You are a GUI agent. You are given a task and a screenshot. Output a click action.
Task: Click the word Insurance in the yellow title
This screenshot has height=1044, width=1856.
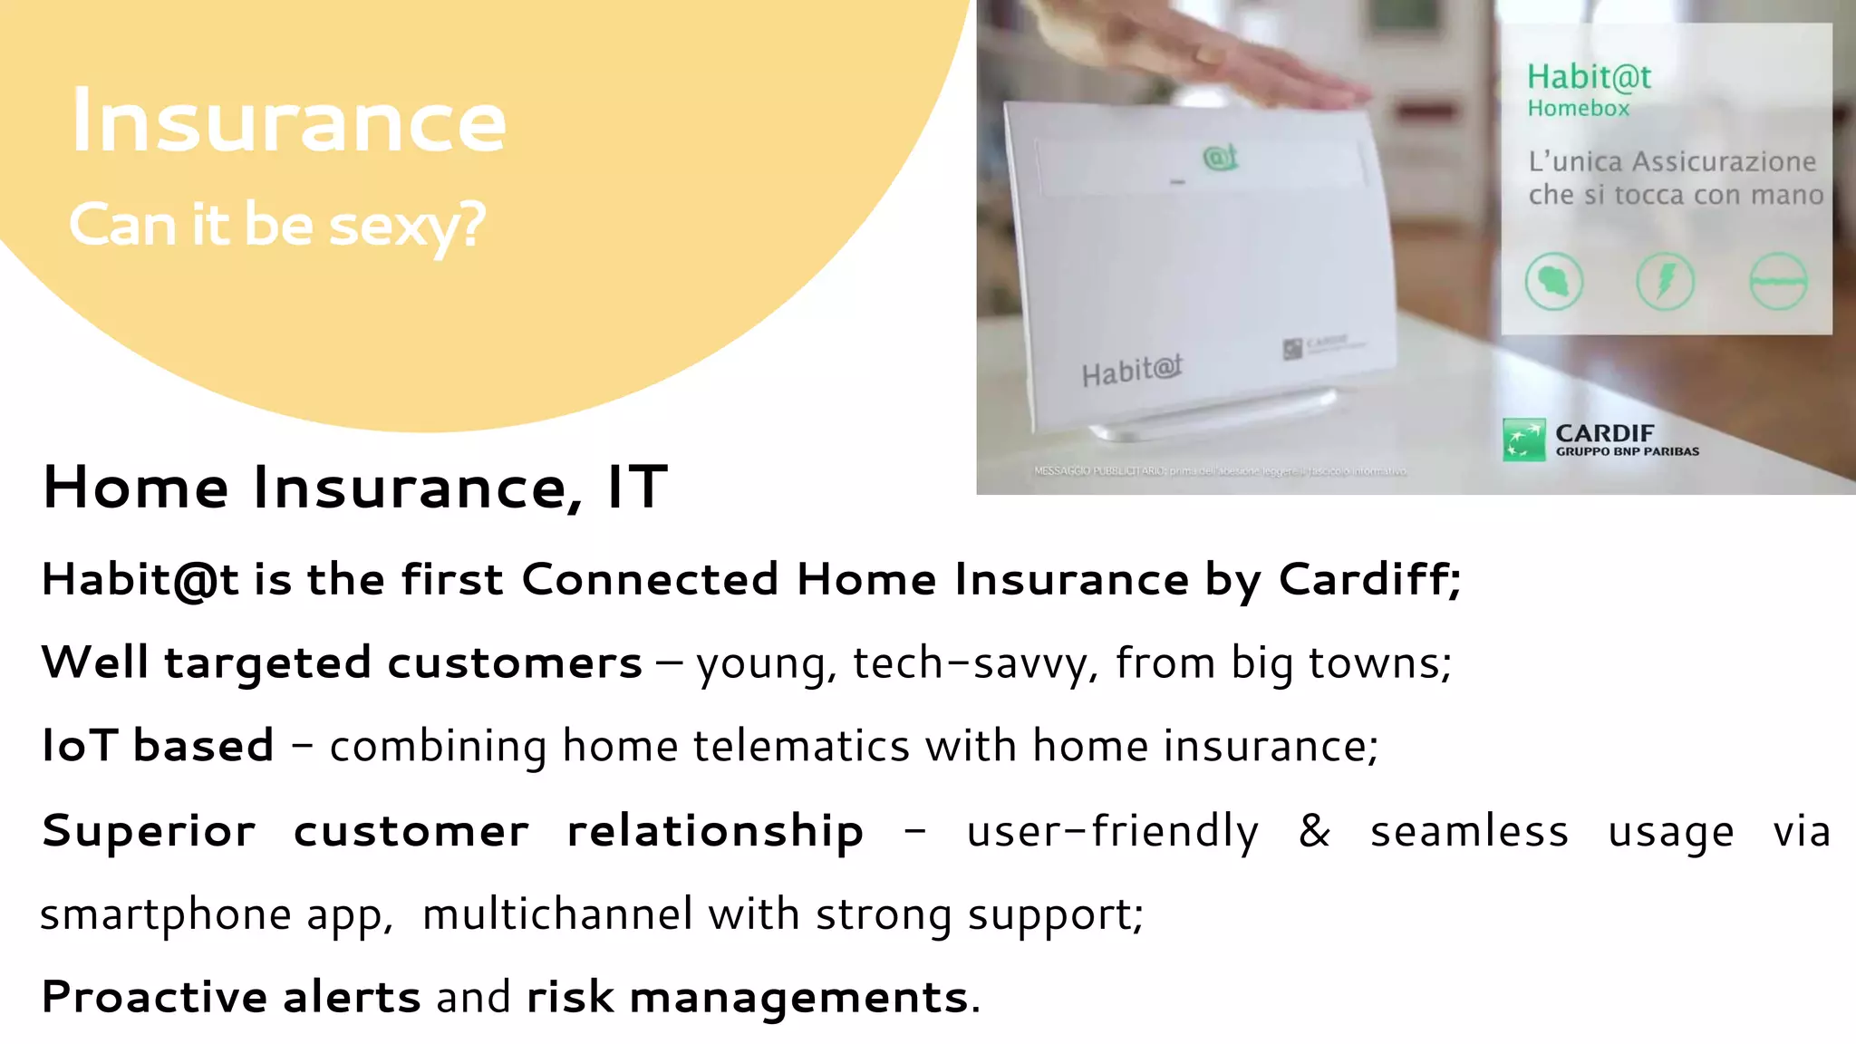(x=288, y=121)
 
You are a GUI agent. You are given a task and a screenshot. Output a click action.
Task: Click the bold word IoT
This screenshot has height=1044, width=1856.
(x=80, y=746)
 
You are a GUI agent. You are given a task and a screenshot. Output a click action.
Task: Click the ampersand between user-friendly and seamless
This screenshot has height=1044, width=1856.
(x=1314, y=830)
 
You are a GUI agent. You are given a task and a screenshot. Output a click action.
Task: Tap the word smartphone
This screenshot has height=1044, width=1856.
(x=165, y=914)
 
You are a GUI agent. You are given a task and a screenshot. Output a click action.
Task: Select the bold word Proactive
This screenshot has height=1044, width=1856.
(x=154, y=998)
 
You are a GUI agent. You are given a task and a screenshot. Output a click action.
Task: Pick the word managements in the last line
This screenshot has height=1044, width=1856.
(x=798, y=998)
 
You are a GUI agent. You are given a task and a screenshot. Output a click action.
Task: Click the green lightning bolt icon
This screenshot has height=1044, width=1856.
(x=1666, y=281)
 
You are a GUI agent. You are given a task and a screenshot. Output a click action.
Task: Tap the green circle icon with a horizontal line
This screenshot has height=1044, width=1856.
(x=1778, y=281)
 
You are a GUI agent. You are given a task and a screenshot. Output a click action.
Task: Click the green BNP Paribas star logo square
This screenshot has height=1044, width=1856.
(x=1523, y=440)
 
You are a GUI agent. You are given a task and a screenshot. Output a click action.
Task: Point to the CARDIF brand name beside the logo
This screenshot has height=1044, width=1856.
(x=1605, y=433)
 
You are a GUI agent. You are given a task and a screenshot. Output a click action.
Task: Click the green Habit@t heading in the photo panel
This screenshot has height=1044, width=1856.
(x=1589, y=77)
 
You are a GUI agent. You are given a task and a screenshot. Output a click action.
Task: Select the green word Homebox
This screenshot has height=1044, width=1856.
(x=1578, y=109)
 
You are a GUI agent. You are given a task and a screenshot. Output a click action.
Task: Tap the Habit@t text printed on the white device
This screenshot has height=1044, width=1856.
(x=1132, y=371)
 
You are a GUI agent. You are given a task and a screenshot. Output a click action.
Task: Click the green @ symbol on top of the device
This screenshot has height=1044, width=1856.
(x=1220, y=158)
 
